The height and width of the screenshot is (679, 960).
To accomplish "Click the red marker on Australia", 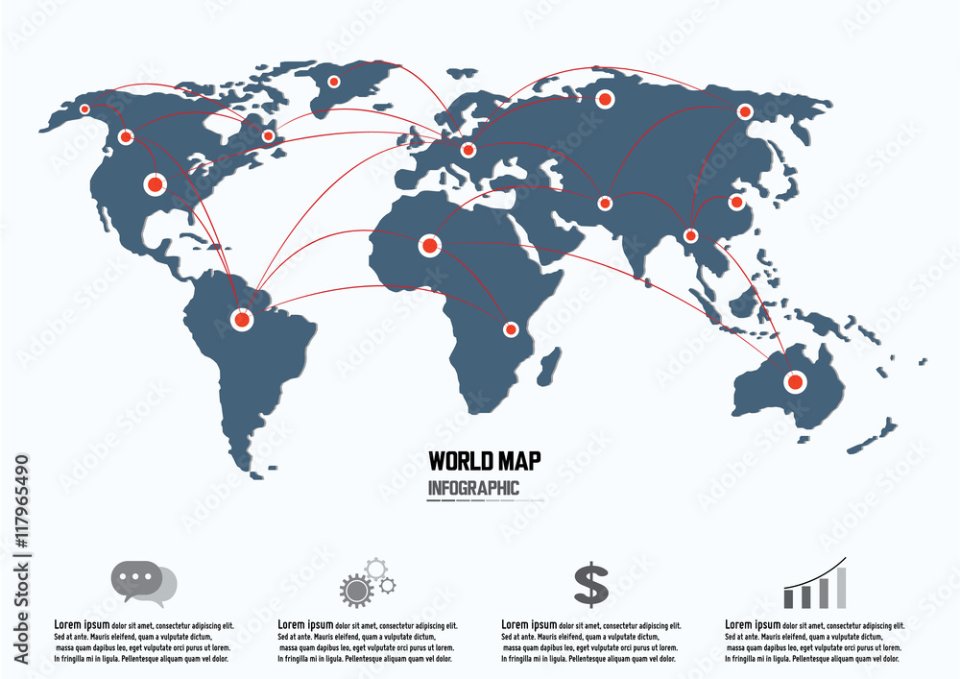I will coord(794,382).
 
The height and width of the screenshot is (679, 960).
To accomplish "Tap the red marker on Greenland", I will coord(334,82).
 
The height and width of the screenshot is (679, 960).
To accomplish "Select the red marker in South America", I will coord(242,319).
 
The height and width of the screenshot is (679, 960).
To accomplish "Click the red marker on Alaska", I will coord(84,109).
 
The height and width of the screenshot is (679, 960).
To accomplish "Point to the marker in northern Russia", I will coord(606,98).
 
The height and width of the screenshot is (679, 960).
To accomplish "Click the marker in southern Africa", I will coord(511,329).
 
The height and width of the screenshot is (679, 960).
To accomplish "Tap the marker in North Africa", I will coord(429,247).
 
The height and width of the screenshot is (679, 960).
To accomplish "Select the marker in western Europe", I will coord(468,150).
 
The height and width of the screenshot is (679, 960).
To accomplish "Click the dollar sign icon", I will coord(591,584).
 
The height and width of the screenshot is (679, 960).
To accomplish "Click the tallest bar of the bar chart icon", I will coord(841,587).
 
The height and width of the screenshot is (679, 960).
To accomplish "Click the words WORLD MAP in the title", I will coord(484,461).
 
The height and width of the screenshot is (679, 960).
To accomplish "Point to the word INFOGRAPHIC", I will coord(473,488).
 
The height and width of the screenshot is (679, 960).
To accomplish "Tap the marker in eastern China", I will coord(736,202).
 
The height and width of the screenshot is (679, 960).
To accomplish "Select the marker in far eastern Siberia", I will coord(744,112).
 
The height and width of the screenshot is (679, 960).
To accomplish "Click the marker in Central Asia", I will coord(605,203).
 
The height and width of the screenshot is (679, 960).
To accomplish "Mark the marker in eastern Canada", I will coord(268,136).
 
